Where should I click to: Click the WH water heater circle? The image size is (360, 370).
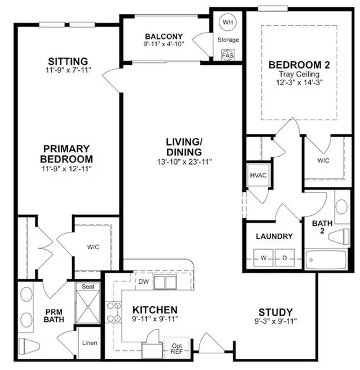click(228, 22)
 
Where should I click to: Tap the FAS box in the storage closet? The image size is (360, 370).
click(228, 54)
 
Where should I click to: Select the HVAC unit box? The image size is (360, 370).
click(256, 175)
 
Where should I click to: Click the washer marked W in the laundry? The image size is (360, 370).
click(264, 257)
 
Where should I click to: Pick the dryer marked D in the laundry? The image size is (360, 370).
click(285, 257)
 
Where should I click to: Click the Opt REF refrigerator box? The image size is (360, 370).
click(177, 347)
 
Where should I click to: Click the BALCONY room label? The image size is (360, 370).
click(163, 36)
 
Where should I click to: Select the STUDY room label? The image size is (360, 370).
click(276, 312)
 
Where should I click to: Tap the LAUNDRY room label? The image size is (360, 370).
click(274, 236)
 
